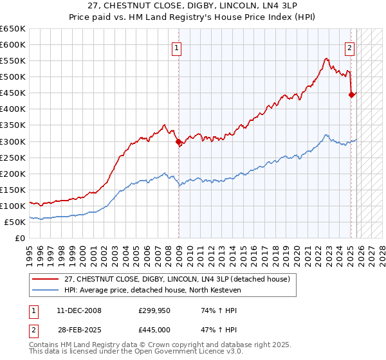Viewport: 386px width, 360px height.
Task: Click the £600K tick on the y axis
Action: click(13, 45)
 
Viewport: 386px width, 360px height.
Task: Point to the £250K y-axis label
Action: click(13, 157)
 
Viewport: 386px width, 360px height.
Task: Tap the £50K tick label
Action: click(15, 222)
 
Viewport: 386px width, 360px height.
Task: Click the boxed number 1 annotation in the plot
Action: click(176, 47)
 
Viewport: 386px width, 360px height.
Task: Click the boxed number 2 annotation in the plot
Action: click(349, 47)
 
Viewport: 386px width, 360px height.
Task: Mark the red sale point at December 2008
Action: click(178, 141)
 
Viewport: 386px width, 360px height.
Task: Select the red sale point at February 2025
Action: click(351, 94)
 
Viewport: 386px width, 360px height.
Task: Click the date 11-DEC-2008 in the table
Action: click(78, 310)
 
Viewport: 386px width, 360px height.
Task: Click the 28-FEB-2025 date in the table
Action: click(78, 329)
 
